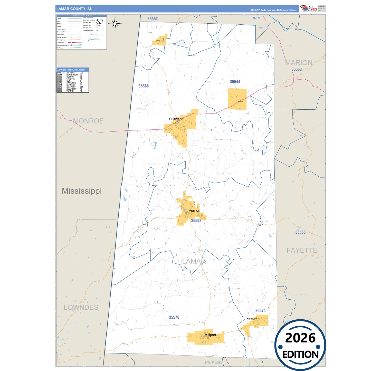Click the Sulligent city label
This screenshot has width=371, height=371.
(176, 119)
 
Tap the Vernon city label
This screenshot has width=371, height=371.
(194, 211)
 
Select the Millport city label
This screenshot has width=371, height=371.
(210, 335)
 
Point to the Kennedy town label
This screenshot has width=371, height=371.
(252, 319)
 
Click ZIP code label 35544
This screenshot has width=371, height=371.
(235, 82)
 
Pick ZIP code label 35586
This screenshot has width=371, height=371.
(144, 86)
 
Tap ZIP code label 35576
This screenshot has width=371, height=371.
(174, 317)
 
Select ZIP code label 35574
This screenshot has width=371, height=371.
(260, 311)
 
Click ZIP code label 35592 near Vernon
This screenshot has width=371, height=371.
(196, 221)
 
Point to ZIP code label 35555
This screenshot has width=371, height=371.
(300, 232)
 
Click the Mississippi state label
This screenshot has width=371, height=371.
(82, 191)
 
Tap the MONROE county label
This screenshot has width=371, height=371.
(88, 121)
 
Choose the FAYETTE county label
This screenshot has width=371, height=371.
(302, 250)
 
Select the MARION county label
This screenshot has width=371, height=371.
(299, 63)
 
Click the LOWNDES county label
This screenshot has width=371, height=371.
(81, 307)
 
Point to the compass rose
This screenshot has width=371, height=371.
(115, 24)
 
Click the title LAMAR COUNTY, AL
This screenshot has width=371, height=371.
(74, 9)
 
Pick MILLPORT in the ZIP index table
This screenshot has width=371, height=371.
(71, 87)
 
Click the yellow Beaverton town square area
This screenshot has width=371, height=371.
(237, 99)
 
